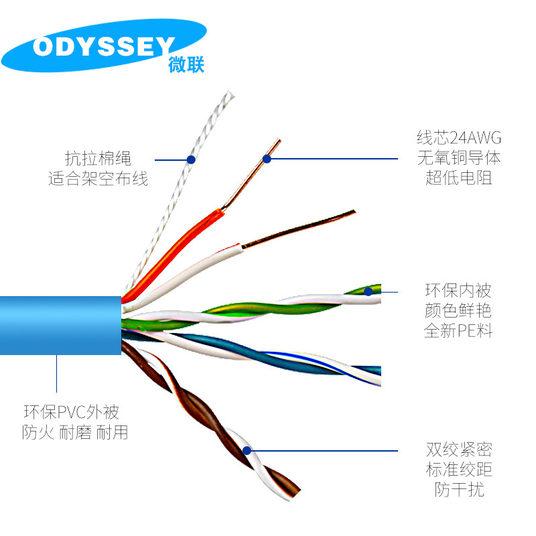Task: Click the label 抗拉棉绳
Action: coord(98,159)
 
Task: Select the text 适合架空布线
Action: coord(98,179)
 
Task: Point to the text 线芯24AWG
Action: coord(459,138)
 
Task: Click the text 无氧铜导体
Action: coord(459,158)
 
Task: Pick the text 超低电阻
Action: coord(459,178)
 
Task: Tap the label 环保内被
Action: coord(459,291)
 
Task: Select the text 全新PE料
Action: coord(459,331)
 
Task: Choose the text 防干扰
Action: coord(459,490)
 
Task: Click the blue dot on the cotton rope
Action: coord(191,159)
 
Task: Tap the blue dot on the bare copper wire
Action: coord(267,159)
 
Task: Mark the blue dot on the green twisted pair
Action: coord(368,291)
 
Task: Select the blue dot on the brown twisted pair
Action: coord(247,451)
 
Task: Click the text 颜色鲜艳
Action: coord(459,311)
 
